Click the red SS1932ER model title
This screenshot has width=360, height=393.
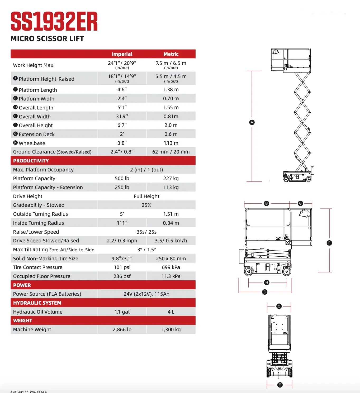coord(54,22)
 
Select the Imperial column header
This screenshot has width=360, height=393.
coord(122,54)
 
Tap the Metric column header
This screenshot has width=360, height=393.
coord(171,54)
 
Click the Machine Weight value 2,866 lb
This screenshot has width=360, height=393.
coord(122,329)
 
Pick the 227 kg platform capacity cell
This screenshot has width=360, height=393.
coord(171,178)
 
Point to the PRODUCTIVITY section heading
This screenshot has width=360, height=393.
coord(31,161)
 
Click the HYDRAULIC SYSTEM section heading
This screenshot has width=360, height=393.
coord(37,303)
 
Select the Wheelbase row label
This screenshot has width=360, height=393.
coord(32,143)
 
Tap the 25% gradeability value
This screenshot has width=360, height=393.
coord(146,205)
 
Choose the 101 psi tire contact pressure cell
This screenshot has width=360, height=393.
coord(122,267)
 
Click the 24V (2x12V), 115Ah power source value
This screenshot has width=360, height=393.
coord(146,294)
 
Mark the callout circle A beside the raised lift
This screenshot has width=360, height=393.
coord(252,122)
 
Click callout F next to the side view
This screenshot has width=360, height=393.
coord(329,243)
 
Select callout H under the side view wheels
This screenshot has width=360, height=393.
coord(267,282)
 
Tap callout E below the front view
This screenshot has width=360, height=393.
coord(280,385)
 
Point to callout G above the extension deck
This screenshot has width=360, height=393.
coord(300,203)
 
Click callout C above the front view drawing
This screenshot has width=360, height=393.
coord(279,306)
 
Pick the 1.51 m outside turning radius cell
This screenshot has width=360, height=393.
coord(171,214)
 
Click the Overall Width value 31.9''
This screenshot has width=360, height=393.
coord(122,116)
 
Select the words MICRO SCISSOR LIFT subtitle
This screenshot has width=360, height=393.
coord(47,39)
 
